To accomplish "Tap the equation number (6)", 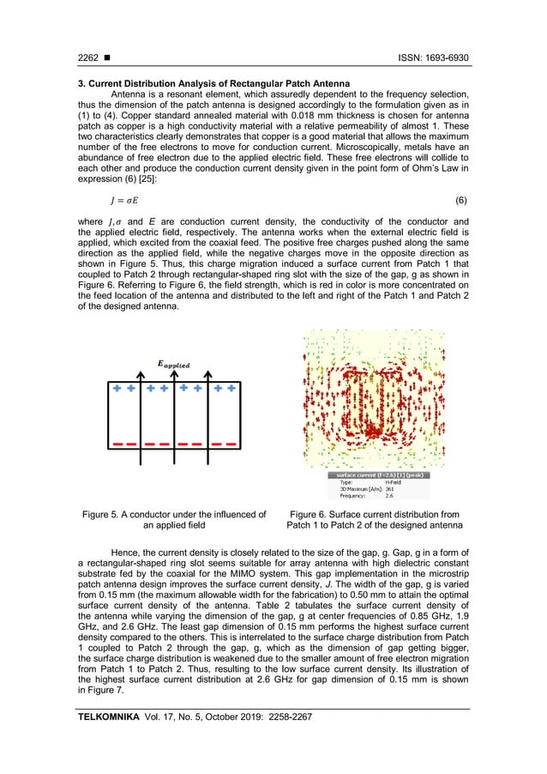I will click(x=461, y=200).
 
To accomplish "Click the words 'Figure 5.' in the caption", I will click(x=100, y=515).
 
